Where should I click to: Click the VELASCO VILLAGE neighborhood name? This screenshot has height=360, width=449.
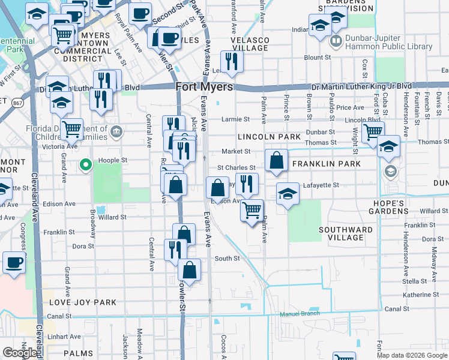tap(249, 43)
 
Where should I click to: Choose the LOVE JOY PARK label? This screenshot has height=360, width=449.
tap(82, 302)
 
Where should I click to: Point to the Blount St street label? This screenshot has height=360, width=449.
tap(318, 58)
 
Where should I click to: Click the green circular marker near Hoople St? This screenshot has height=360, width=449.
tap(86, 163)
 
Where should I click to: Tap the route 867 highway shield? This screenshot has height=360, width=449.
tap(19, 103)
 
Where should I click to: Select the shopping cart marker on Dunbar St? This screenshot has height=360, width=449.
tap(373, 131)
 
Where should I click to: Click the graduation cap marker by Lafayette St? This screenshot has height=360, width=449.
tap(288, 194)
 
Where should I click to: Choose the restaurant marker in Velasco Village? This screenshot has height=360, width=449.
tap(231, 61)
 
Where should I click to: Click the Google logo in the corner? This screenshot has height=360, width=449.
tap(20, 353)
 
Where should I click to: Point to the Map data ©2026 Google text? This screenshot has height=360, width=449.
tap(411, 355)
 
